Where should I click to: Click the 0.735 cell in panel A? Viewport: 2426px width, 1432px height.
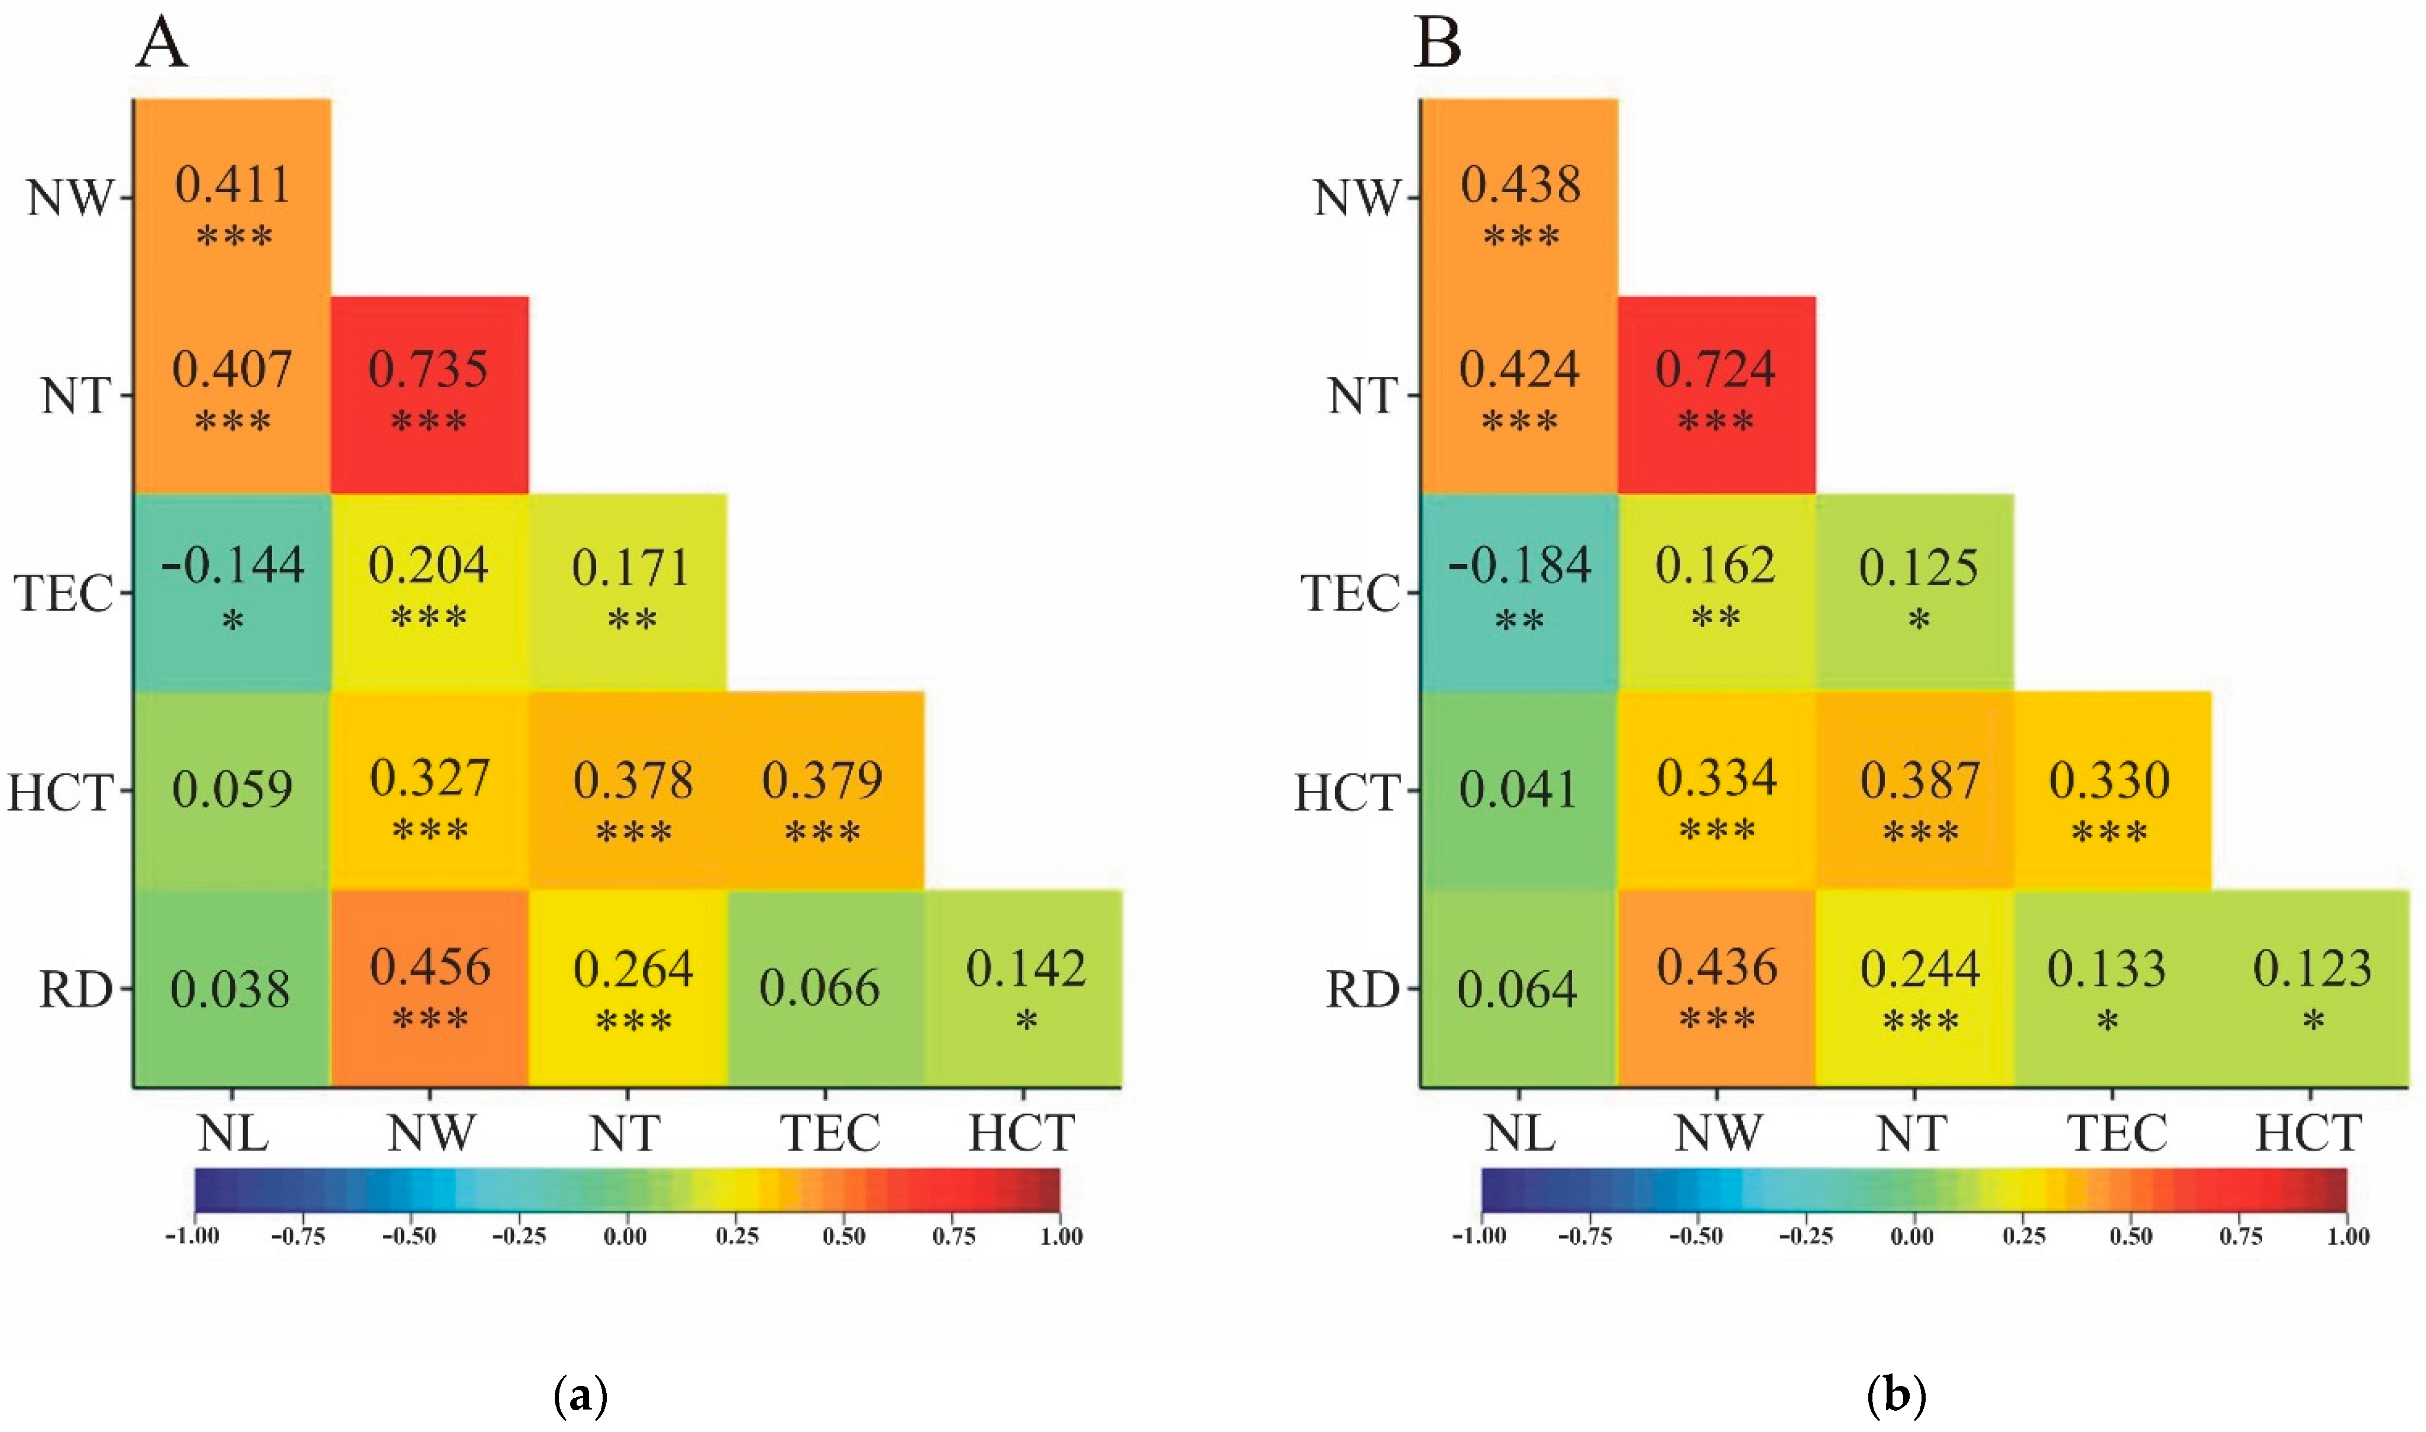(429, 395)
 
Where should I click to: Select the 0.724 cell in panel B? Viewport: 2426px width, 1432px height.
(1716, 395)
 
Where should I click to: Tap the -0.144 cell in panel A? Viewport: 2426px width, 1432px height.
(232, 591)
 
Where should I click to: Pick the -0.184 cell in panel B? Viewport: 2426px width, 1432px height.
(1519, 591)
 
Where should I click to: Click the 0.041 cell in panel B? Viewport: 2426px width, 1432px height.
(1519, 789)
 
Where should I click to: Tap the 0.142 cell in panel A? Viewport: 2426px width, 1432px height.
(1025, 988)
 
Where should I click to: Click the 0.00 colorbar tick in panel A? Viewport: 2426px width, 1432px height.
(625, 1236)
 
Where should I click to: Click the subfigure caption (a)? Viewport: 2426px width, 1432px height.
(582, 1395)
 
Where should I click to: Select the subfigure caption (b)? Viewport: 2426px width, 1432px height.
(1896, 1395)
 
